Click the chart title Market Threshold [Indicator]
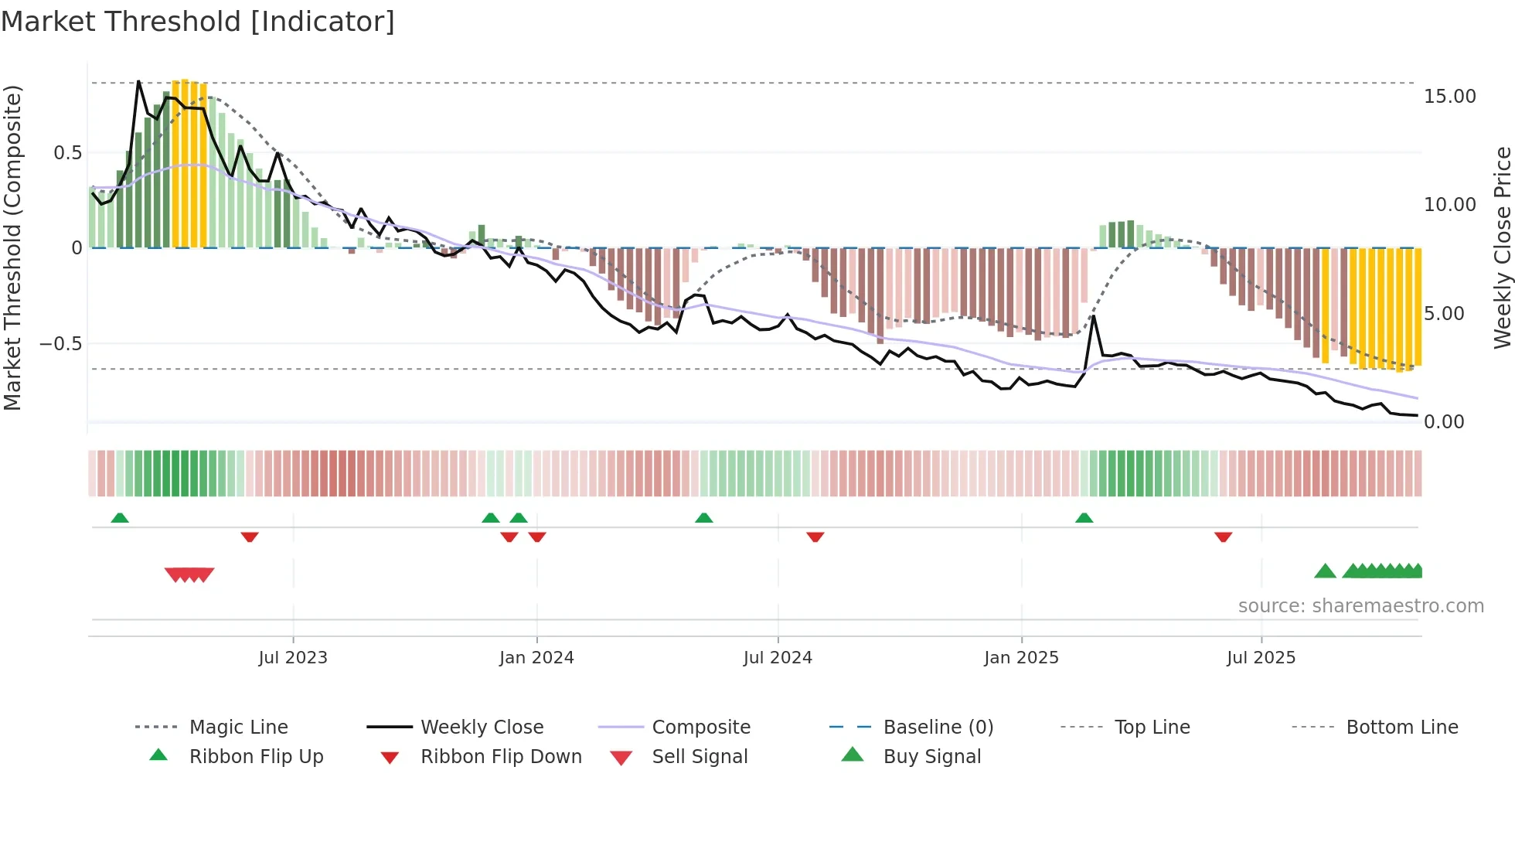tap(198, 22)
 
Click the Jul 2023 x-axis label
tap(293, 658)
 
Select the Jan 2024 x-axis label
tap(536, 658)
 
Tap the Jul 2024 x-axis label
tap(778, 658)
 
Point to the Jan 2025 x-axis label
tap(1021, 658)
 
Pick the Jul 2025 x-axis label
tap(1261, 658)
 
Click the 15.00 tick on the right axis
tap(1449, 97)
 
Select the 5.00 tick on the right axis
tap(1443, 314)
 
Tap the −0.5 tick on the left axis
tap(60, 343)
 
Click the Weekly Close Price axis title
tap(1502, 247)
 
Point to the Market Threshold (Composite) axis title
tap(12, 247)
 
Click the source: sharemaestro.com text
tap(1360, 606)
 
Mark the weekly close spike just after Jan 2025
tap(1094, 316)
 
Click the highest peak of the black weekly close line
tap(138, 81)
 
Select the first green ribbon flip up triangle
tap(120, 518)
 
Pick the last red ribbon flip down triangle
tap(1223, 537)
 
